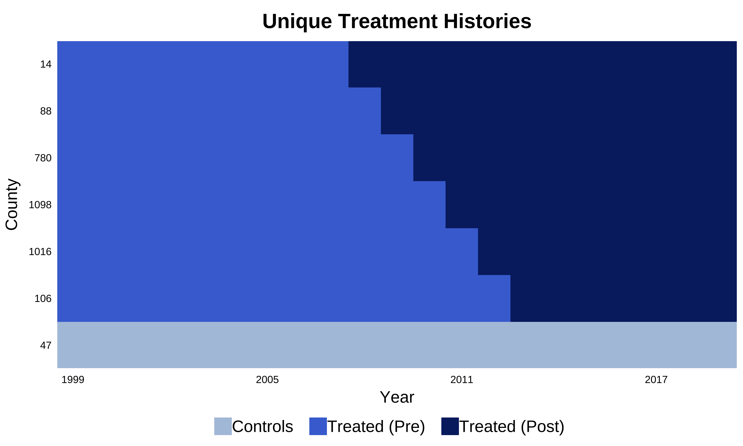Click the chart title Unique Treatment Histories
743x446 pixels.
tap(397, 21)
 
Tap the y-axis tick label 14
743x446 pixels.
tap(46, 64)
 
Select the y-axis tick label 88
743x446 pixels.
tap(46, 111)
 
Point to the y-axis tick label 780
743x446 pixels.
tap(43, 158)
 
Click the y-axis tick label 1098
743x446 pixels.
tap(40, 205)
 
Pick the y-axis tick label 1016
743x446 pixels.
tap(40, 251)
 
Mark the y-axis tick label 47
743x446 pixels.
tap(46, 346)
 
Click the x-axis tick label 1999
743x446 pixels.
tap(73, 380)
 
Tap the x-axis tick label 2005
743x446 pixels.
tap(267, 380)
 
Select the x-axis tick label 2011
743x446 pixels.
tap(462, 380)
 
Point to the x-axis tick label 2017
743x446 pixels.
tap(656, 380)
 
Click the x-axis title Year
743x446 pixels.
tap(397, 397)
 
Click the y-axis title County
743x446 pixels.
tap(12, 204)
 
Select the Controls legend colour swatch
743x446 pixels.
tap(223, 426)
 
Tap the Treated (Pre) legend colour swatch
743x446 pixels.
tap(318, 426)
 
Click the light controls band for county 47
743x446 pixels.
tap(397, 345)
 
